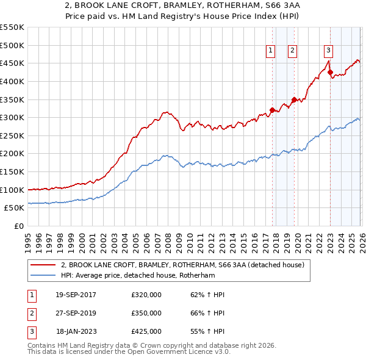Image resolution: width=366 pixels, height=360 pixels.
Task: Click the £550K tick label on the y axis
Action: [12, 27]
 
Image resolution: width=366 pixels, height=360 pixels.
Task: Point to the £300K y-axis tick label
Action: [12, 117]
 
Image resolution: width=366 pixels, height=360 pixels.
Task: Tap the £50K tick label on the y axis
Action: [15, 208]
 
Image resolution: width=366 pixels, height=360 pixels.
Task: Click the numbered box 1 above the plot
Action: [270, 51]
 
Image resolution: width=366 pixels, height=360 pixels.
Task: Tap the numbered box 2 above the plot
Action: [293, 51]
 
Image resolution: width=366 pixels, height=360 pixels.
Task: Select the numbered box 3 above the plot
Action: [328, 51]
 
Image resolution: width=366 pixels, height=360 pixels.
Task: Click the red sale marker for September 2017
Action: [272, 110]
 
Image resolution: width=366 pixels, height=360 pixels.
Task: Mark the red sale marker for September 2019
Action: [294, 99]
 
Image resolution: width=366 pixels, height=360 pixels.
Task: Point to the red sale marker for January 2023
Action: [330, 73]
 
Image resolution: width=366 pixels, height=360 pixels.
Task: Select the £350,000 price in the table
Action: [146, 313]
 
